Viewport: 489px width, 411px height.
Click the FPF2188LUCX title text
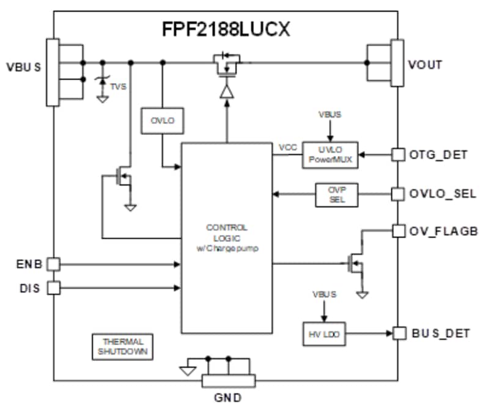point(226,29)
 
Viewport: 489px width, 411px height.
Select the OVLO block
point(162,120)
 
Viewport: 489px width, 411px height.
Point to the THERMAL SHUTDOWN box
point(122,346)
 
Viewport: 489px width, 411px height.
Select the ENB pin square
point(54,264)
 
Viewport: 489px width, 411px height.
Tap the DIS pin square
point(54,287)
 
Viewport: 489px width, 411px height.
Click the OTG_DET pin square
point(398,155)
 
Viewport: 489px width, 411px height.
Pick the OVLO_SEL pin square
point(398,194)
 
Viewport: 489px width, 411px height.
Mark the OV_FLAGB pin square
point(398,230)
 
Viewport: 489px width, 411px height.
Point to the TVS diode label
point(118,87)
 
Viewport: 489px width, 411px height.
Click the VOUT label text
point(425,65)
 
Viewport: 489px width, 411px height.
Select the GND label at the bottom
point(227,398)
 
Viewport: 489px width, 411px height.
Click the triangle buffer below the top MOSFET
point(227,91)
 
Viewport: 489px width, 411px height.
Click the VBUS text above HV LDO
point(323,294)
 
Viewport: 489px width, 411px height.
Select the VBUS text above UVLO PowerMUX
point(329,114)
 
